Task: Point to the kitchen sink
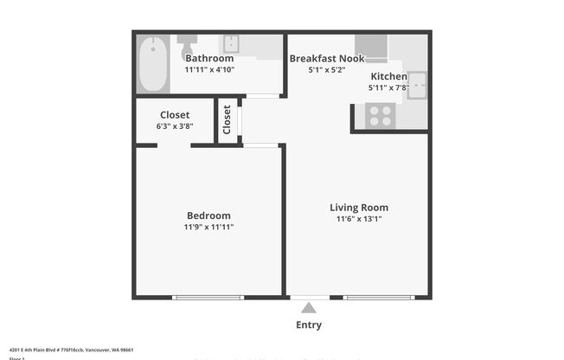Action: pos(417,82)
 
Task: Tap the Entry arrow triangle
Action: pos(309,307)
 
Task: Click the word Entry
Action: pos(309,325)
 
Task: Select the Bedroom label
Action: pos(208,215)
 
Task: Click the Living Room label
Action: pos(358,207)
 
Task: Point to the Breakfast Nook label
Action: pos(326,59)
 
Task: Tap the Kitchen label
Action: pos(388,76)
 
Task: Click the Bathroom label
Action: pos(209,59)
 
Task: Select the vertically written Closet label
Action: pos(228,119)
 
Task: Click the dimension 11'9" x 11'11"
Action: pos(208,227)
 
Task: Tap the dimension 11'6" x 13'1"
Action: pos(358,219)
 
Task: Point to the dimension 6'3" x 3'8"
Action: pos(175,125)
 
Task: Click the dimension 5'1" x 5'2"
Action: pos(326,70)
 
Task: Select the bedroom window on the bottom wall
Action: pos(208,298)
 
